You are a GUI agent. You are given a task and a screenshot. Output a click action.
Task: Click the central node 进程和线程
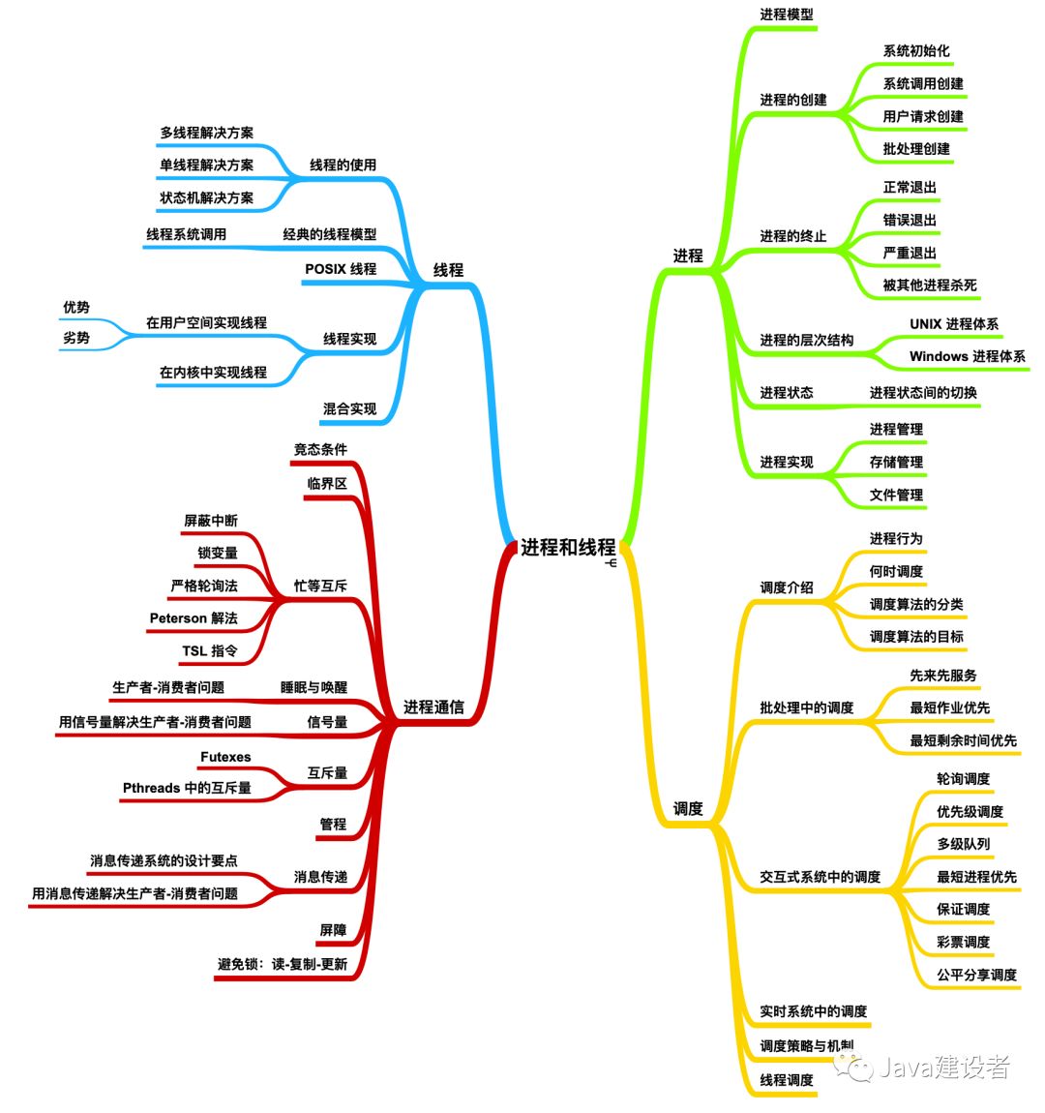click(568, 548)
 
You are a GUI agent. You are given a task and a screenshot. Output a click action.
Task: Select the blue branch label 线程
click(448, 270)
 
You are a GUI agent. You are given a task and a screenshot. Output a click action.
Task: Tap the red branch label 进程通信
click(433, 707)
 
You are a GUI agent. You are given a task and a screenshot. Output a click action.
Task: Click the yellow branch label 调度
click(688, 809)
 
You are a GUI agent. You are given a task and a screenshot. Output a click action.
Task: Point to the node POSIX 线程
click(341, 269)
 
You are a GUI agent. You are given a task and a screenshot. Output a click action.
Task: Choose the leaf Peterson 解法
click(194, 618)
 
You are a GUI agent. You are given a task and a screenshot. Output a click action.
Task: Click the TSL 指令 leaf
click(209, 650)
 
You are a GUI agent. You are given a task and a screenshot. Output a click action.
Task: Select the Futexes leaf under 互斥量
click(225, 757)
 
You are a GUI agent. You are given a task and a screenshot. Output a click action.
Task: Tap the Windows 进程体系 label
click(968, 356)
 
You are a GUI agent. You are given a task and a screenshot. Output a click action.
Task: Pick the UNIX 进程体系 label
click(954, 324)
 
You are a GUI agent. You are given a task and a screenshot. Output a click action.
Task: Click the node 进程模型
click(787, 15)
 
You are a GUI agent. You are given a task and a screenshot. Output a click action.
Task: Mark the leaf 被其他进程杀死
click(930, 286)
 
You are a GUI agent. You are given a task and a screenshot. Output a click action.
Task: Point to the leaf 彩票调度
click(963, 942)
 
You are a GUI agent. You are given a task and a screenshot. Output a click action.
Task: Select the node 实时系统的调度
click(813, 1011)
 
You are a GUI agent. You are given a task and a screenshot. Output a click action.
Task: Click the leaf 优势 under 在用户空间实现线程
click(76, 307)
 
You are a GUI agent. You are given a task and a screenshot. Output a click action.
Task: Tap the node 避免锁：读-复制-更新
click(283, 964)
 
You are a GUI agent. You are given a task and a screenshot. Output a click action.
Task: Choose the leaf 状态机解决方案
click(206, 197)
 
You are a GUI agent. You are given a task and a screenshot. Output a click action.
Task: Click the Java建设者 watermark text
click(943, 1067)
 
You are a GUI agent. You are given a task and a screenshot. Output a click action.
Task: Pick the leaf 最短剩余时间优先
click(963, 740)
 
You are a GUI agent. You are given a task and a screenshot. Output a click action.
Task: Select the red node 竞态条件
click(320, 450)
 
